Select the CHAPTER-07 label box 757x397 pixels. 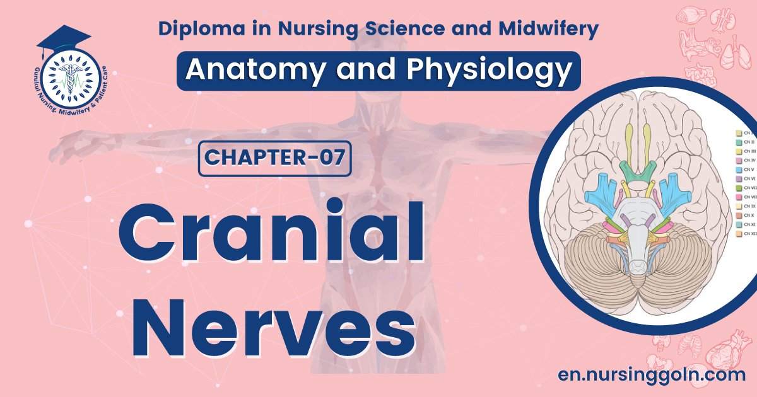pyautogui.click(x=274, y=158)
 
